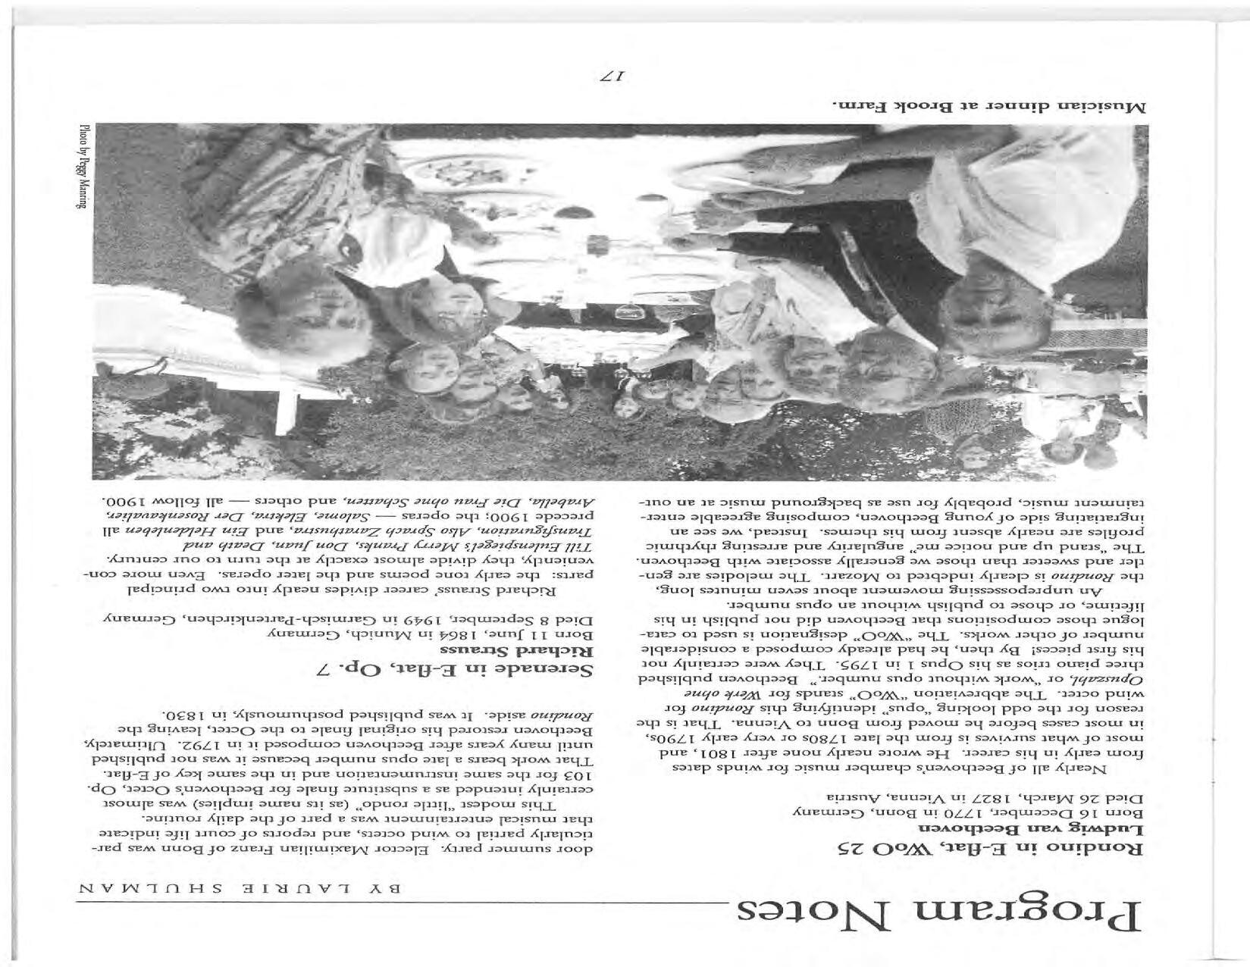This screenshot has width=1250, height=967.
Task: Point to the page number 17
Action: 613,76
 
